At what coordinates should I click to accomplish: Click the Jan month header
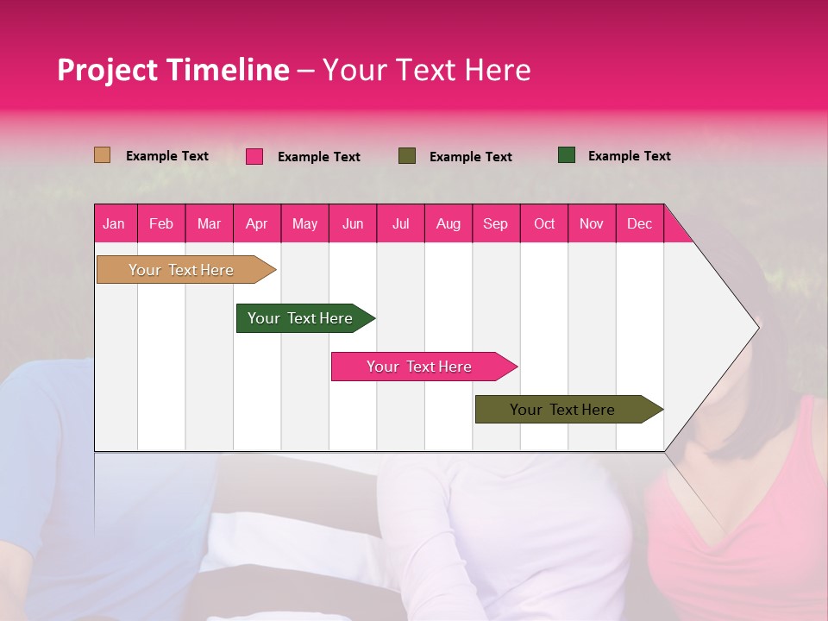coord(115,223)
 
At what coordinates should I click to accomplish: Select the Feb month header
coord(161,223)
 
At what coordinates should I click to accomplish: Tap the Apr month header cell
coord(256,223)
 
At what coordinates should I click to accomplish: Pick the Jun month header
coord(352,223)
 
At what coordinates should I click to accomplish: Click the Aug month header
coord(448,223)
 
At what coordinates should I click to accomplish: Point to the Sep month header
coord(495,223)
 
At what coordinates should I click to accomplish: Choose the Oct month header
coord(543,223)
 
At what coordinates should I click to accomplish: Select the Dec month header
coord(639,223)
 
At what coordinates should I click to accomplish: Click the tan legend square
coord(102,155)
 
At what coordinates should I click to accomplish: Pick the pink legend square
coord(254,156)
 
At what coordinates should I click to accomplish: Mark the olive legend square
coord(407,156)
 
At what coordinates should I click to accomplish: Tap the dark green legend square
coord(567,155)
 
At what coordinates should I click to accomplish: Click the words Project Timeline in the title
coord(172,70)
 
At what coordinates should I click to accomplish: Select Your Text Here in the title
coord(426,70)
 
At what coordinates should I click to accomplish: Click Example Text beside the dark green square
coord(629,156)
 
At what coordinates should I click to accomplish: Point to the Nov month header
coord(591,223)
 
